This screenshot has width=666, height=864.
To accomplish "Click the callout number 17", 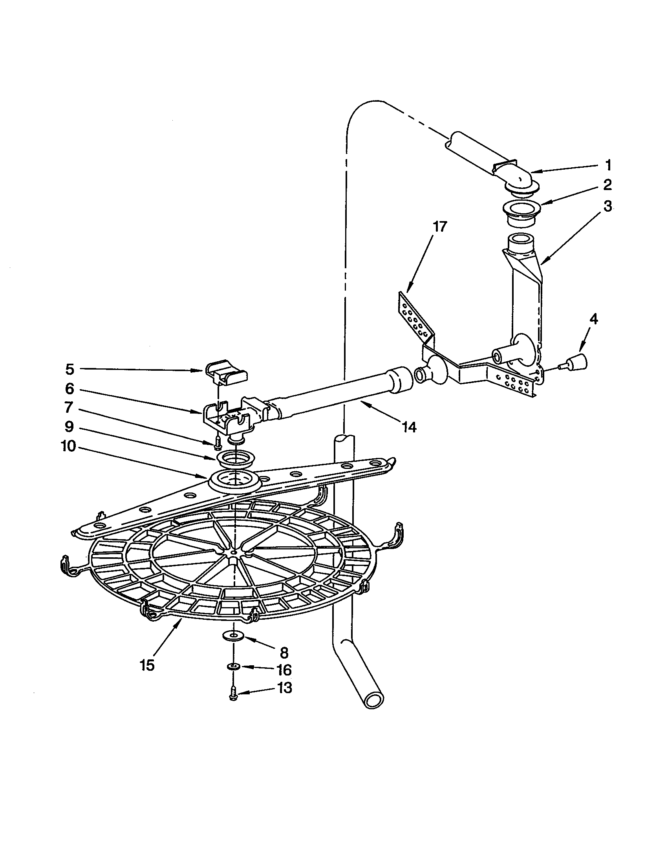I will pyautogui.click(x=439, y=227).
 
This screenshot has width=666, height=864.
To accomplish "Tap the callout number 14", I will pyautogui.click(x=409, y=427).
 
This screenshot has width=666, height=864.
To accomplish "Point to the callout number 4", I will pyautogui.click(x=593, y=319).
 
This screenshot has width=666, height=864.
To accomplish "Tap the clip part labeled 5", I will pyautogui.click(x=227, y=373).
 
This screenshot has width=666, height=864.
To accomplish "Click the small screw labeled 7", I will pyautogui.click(x=216, y=444).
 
